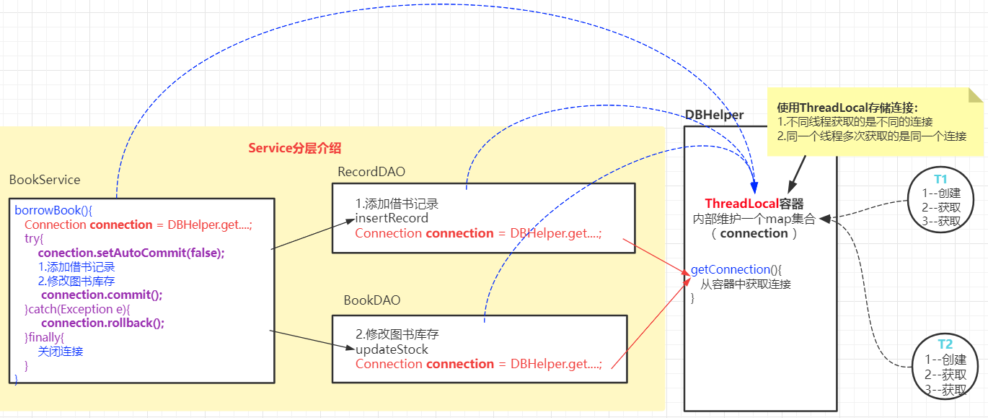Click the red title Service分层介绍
click(294, 148)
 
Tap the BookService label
click(45, 180)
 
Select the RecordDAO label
click(371, 172)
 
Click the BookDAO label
click(371, 300)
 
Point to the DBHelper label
click(714, 115)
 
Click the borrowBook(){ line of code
click(53, 210)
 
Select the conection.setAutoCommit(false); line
click(131, 253)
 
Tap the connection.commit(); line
click(102, 295)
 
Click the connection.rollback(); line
click(102, 323)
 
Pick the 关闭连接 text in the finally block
click(61, 352)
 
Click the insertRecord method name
click(392, 219)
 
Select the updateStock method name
click(392, 349)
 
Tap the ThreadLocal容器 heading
click(754, 204)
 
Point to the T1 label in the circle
click(940, 179)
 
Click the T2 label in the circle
click(945, 344)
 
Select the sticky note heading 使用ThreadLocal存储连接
click(847, 108)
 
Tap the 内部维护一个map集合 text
click(754, 219)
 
